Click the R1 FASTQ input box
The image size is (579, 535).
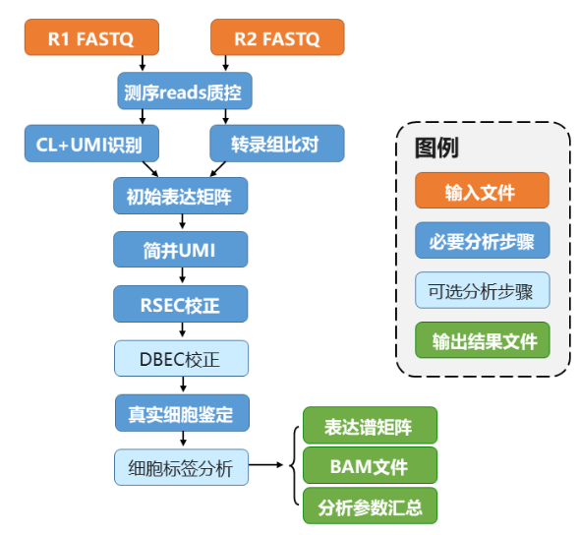91,39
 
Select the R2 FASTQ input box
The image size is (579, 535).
277,39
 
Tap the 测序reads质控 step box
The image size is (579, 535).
185,93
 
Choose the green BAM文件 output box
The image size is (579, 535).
370,465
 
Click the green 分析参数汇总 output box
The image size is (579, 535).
370,505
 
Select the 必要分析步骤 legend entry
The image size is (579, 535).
482,241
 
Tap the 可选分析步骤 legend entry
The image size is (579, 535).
482,291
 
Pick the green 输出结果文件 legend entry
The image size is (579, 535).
482,340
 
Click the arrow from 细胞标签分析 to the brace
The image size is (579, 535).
267,465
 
